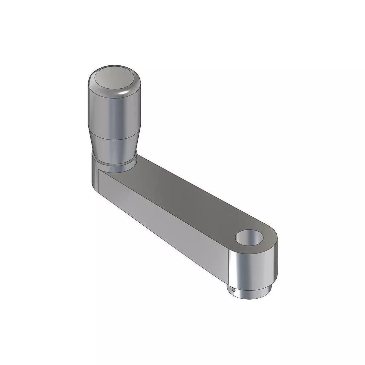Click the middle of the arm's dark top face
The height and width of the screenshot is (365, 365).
tap(186, 199)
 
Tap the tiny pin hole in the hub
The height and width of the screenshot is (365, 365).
tap(234, 290)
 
